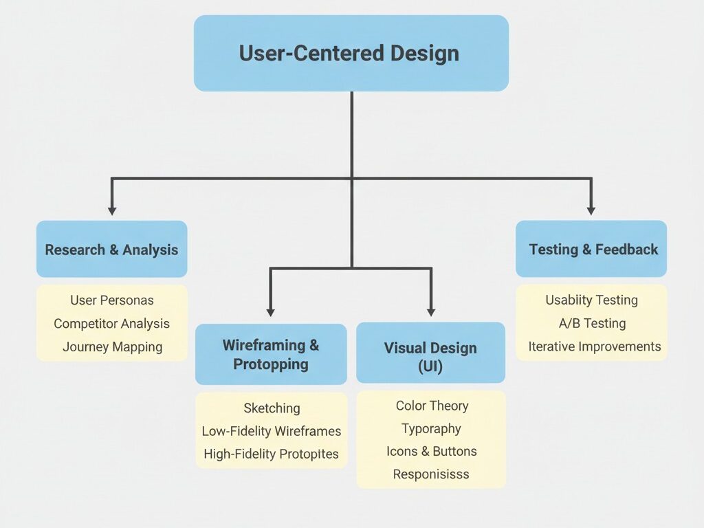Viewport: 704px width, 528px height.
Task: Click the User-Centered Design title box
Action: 351,54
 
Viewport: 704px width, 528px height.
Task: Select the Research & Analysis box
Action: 111,250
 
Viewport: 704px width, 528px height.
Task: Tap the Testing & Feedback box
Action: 591,250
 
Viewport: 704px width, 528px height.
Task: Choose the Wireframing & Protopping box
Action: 271,354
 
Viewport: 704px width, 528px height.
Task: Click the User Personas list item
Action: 112,300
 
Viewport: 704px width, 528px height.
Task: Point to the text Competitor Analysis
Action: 112,324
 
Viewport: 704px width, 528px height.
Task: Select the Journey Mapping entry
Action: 112,347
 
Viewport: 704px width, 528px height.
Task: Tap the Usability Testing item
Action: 591,300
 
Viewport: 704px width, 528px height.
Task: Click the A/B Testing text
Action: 591,324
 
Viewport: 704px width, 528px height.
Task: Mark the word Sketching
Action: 272,408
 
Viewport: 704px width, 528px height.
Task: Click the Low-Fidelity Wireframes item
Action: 272,432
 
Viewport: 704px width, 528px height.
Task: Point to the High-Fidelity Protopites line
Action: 272,454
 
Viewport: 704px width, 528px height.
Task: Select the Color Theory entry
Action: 432,406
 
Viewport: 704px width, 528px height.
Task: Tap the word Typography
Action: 431,429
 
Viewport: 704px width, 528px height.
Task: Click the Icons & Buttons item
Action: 431,452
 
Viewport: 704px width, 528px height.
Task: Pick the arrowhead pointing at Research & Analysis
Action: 112,210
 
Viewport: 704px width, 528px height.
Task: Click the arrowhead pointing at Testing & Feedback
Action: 591,210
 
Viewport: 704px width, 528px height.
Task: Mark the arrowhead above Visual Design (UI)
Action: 431,311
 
